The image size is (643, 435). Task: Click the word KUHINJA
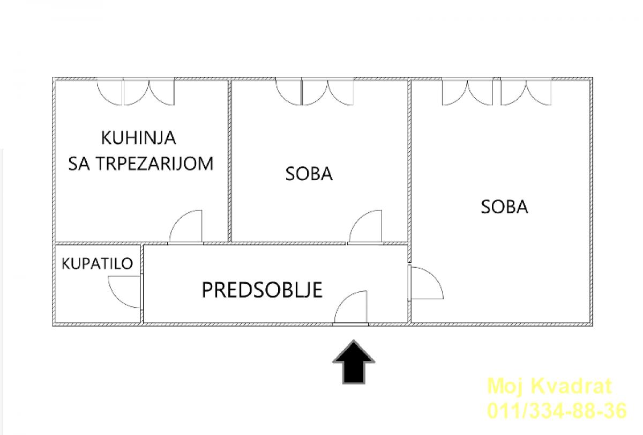[x=138, y=138]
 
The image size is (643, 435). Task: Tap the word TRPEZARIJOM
[x=154, y=164]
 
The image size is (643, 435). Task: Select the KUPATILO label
[x=98, y=264]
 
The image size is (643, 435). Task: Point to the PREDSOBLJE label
[x=262, y=290]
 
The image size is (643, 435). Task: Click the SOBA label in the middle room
[x=309, y=174]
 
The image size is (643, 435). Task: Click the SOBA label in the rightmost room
[x=504, y=207]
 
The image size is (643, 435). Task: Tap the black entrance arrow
[x=354, y=362]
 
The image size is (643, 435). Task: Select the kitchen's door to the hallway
[x=186, y=227]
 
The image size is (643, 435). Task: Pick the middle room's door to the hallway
[x=365, y=227]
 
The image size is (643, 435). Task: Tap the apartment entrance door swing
[x=351, y=307]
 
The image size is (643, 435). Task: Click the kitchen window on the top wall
[x=136, y=92]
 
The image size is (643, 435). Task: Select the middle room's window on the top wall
[x=315, y=92]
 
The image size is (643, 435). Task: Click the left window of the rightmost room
[x=467, y=92]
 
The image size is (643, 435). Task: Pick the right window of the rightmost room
[x=526, y=92]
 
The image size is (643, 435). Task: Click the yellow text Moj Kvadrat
[x=550, y=386]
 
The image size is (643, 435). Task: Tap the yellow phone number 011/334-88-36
[x=557, y=410]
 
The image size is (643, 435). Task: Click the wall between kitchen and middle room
[x=229, y=161]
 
